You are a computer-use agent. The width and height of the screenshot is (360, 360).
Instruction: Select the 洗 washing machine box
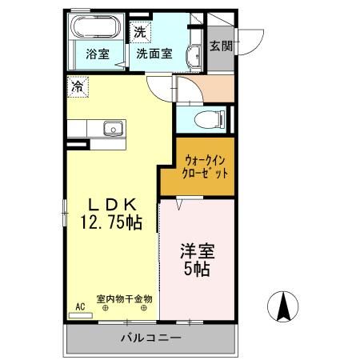[140, 33]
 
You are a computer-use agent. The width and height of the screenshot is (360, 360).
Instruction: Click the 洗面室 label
[154, 54]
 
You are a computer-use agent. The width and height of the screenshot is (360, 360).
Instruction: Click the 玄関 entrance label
[222, 46]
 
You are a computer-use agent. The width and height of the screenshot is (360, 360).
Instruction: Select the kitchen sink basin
[111, 128]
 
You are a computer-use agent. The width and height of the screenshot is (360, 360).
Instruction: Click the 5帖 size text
[197, 270]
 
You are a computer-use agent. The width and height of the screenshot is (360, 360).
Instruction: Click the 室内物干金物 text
[125, 298]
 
